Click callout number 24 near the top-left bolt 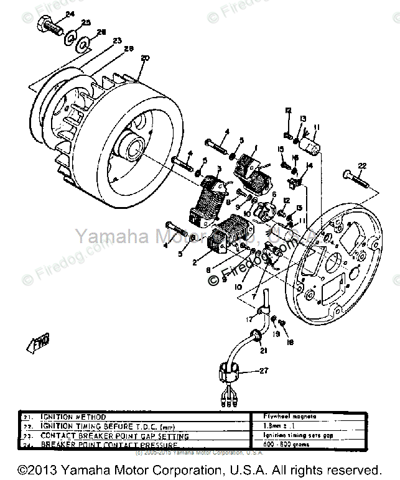(69, 14)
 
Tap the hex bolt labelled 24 (50, 27)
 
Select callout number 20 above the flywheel (145, 59)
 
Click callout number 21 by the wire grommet (263, 350)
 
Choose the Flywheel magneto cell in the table (281, 417)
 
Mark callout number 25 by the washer (86, 23)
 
